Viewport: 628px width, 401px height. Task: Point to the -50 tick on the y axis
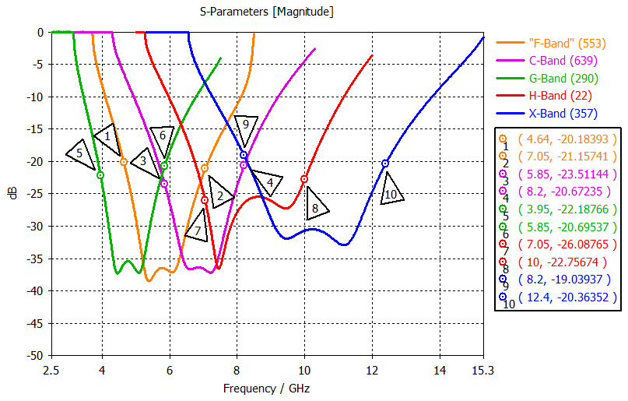(34, 355)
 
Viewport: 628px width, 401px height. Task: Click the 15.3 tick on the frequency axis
(482, 371)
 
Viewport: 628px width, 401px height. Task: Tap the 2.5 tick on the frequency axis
(51, 371)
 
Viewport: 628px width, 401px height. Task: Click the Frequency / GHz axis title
(267, 388)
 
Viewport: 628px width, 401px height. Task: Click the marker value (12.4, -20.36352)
(567, 297)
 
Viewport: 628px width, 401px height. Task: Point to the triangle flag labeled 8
(315, 208)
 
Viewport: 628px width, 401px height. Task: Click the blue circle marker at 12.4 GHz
(385, 164)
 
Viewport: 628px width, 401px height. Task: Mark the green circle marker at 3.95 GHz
(100, 175)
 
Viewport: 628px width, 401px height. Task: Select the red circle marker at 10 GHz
(304, 179)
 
